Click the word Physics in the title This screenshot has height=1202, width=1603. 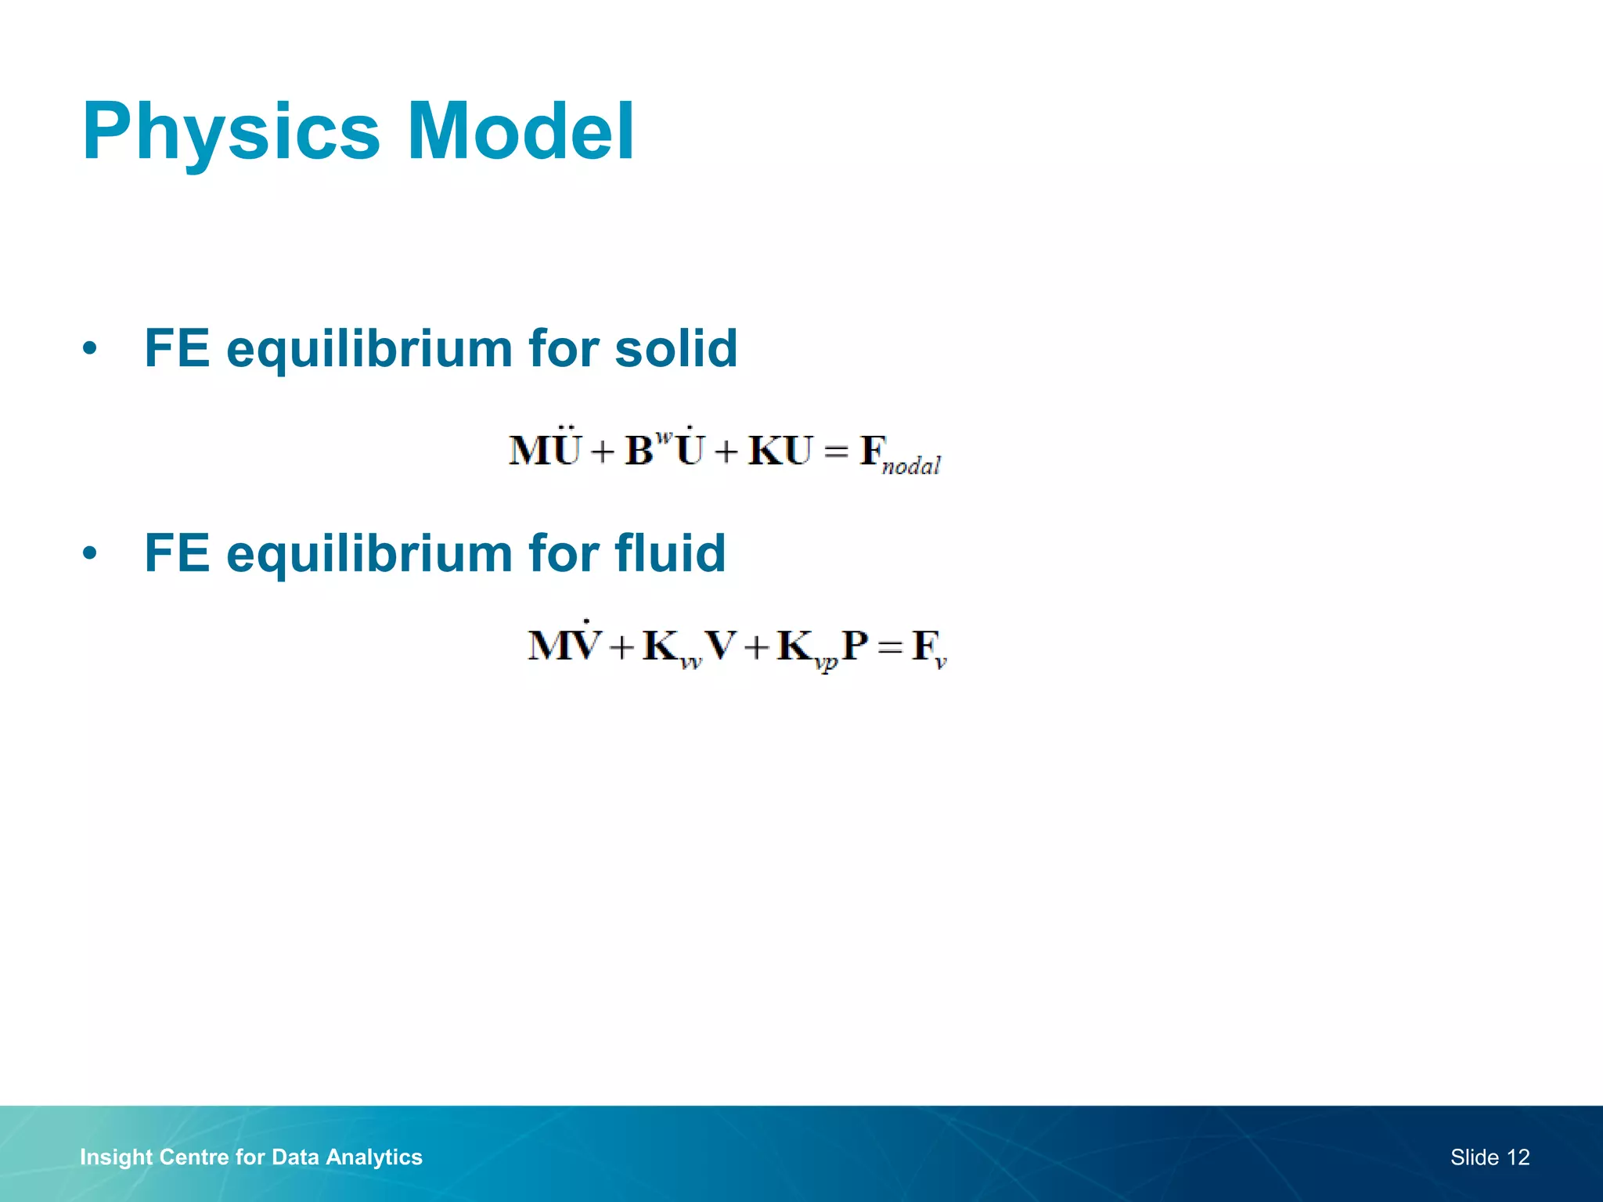[x=231, y=133]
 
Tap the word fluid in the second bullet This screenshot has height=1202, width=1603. [x=670, y=553]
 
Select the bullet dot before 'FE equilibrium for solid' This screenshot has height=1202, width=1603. [x=90, y=349]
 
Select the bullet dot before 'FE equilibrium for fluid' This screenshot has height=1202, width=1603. [x=90, y=554]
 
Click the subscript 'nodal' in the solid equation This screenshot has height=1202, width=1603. [x=910, y=467]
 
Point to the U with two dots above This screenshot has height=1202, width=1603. [x=567, y=449]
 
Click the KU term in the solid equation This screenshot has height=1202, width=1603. [x=780, y=451]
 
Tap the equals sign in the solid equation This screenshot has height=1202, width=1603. [x=836, y=452]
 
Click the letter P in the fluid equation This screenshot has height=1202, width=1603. [x=855, y=646]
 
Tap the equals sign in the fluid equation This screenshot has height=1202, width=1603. [x=891, y=647]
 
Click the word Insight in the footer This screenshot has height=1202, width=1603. [x=116, y=1157]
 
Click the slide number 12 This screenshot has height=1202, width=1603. [x=1518, y=1157]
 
